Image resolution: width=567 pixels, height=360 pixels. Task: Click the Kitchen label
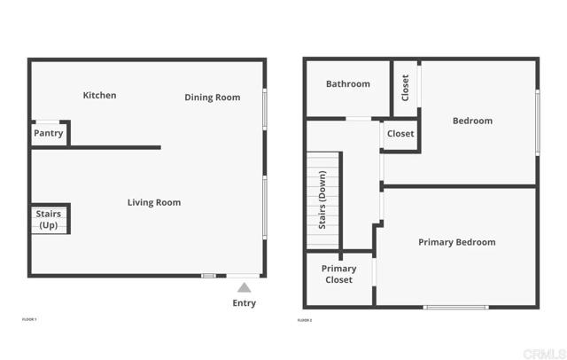click(99, 96)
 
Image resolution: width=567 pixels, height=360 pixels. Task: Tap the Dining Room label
click(213, 98)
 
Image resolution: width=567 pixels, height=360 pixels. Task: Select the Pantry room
click(49, 133)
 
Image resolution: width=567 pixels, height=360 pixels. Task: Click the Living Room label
click(154, 203)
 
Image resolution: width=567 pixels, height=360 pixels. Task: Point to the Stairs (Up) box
click(49, 219)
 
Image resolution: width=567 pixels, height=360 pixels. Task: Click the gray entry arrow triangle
click(245, 287)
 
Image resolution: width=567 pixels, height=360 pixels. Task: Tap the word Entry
click(245, 303)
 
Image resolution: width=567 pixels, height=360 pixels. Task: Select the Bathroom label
click(348, 84)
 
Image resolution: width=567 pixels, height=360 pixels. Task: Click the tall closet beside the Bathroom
click(406, 88)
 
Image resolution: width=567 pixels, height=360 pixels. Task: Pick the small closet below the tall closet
click(400, 134)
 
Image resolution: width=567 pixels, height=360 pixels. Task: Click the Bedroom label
click(472, 121)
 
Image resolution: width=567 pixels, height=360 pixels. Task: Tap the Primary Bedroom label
click(457, 242)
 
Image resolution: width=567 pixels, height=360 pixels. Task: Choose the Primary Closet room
click(338, 275)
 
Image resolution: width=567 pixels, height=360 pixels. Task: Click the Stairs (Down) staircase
click(323, 202)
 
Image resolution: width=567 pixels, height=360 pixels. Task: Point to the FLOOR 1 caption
click(29, 319)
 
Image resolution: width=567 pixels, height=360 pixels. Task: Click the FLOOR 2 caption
click(305, 319)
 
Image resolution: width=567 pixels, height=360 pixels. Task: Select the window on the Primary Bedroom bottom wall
click(455, 307)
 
